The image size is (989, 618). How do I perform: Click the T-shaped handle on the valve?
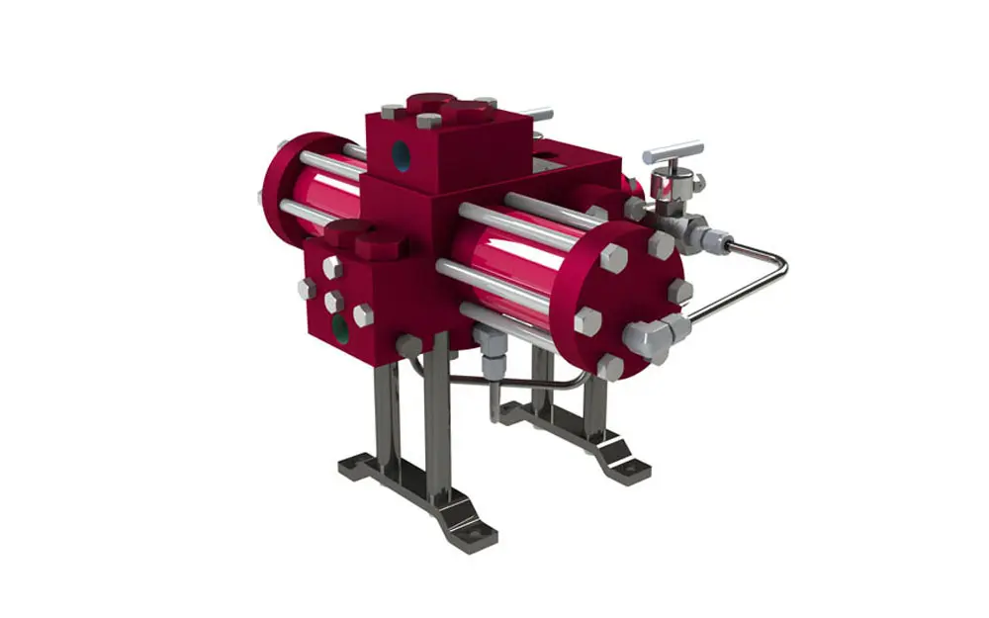(674, 153)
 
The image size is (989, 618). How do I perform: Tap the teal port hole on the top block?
(401, 153)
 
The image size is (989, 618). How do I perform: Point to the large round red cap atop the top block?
(430, 102)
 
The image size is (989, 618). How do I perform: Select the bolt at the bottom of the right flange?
(610, 368)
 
